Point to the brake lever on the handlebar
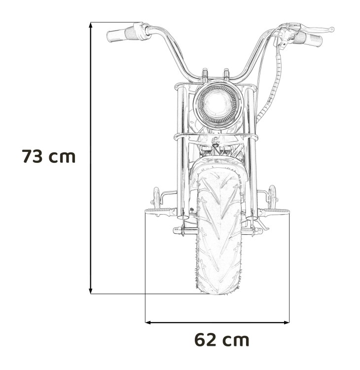click(306, 29)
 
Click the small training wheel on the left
click(157, 198)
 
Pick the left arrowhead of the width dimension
click(148, 323)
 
